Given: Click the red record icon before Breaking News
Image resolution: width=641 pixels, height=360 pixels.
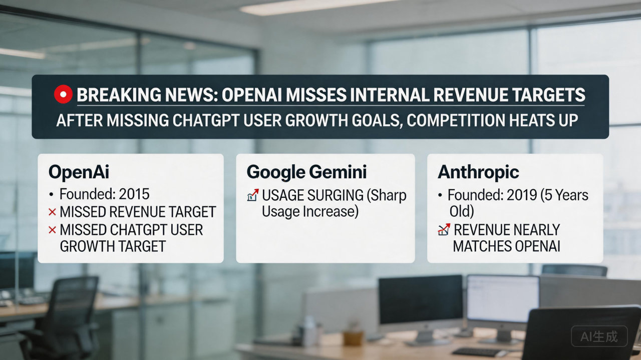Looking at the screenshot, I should pos(63,95).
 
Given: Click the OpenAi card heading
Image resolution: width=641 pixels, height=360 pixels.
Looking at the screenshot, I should pos(79,172).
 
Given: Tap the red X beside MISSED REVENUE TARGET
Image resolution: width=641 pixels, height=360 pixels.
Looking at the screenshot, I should pos(52,212).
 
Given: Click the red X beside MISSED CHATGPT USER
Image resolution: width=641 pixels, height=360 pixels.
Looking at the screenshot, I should pos(52,230).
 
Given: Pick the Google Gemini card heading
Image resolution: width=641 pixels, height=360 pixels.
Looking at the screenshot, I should pos(306,172).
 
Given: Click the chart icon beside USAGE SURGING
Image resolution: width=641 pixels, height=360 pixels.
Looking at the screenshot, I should pos(253,195).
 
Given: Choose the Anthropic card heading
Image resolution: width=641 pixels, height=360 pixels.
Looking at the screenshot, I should pos(478,172).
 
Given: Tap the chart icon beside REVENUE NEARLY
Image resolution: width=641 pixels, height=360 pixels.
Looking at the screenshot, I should pos(444,230).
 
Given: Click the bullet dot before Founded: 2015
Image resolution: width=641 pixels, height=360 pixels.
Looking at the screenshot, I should pos(52,195).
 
